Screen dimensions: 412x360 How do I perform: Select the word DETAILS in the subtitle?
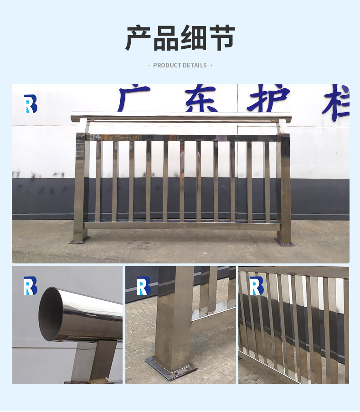[195, 66]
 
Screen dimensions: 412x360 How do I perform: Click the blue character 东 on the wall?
[201, 98]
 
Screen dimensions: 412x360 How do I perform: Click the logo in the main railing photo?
[30, 104]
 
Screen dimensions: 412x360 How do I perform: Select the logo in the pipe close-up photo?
[30, 286]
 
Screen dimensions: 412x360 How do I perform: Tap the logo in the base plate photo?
[144, 286]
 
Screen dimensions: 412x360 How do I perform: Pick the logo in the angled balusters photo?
[257, 286]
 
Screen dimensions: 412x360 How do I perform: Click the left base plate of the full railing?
[80, 240]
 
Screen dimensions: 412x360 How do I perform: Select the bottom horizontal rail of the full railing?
[182, 226]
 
